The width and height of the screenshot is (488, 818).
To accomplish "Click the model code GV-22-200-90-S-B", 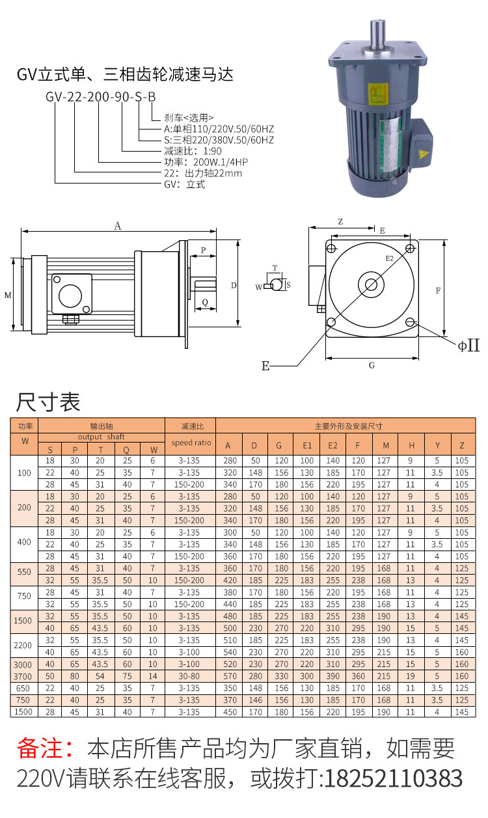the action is point(101,98).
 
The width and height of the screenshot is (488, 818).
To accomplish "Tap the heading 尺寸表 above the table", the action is point(48,402).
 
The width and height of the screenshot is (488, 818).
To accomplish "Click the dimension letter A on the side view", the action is point(118,226).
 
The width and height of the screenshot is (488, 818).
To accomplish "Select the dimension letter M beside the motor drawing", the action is point(8,295).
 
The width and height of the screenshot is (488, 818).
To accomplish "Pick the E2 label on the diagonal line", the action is point(390,258).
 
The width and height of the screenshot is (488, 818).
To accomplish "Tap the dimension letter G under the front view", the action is point(372,365).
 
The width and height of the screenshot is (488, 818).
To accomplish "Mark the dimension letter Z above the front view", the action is point(340,222).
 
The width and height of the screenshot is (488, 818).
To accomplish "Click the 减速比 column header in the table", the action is point(189,426).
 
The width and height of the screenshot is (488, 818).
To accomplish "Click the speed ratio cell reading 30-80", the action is point(189,676).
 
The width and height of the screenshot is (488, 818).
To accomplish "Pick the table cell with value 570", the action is point(228,676).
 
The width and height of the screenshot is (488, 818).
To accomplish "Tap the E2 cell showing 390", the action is point(332,676).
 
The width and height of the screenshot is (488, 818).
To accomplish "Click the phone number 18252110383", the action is point(393,778).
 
